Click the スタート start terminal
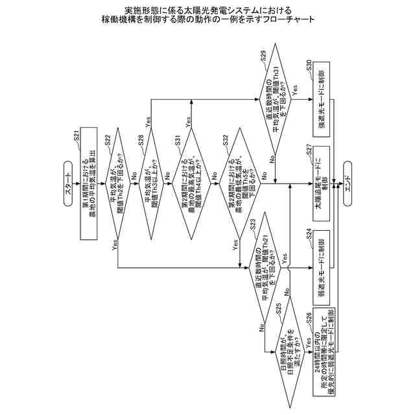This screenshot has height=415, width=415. (x=70, y=183)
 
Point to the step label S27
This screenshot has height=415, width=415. (x=309, y=148)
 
